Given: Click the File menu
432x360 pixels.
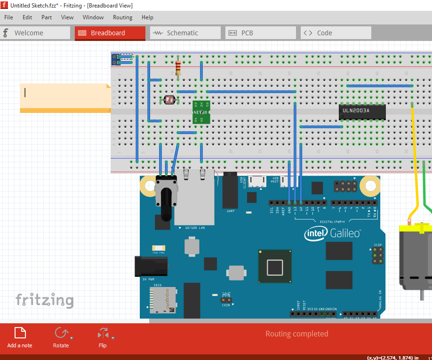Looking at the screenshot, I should coord(8,17).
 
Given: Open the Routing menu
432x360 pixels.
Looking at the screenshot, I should coord(122,17).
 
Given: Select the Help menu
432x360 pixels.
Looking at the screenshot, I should coord(147,17).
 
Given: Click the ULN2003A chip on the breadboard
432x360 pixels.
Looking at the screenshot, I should coord(362,111).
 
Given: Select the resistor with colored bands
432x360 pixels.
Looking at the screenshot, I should coord(177,68).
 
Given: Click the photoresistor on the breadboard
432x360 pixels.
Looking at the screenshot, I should coord(168,100).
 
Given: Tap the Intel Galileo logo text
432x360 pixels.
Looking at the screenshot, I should coord(333,233).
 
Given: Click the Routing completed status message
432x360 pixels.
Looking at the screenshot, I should coord(296,334).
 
